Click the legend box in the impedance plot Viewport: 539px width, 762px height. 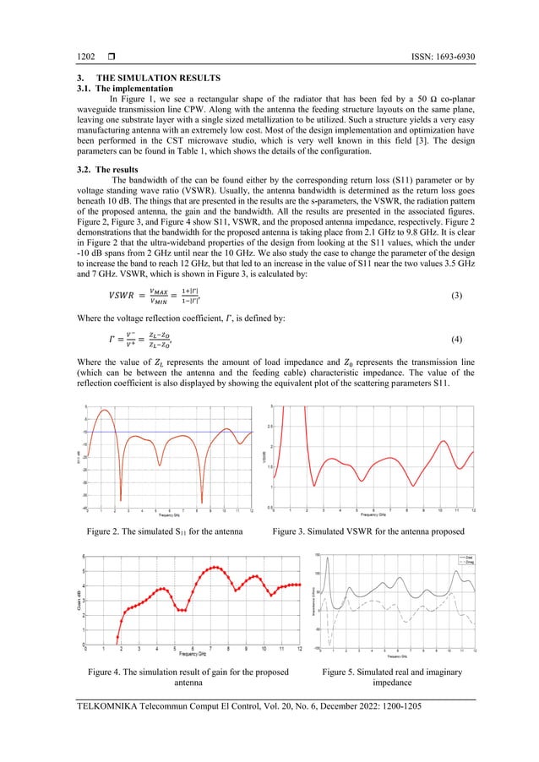tap(462, 560)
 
